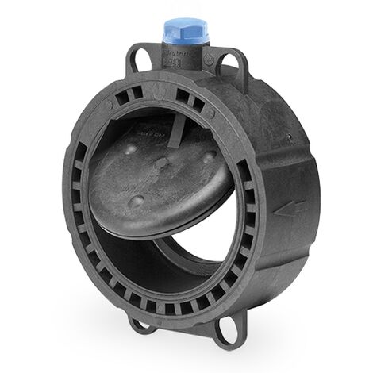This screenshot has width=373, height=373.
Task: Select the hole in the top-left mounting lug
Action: coord(140,60)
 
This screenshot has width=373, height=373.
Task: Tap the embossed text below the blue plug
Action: coord(177,59)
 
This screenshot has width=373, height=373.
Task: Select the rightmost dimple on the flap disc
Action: coord(208,156)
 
